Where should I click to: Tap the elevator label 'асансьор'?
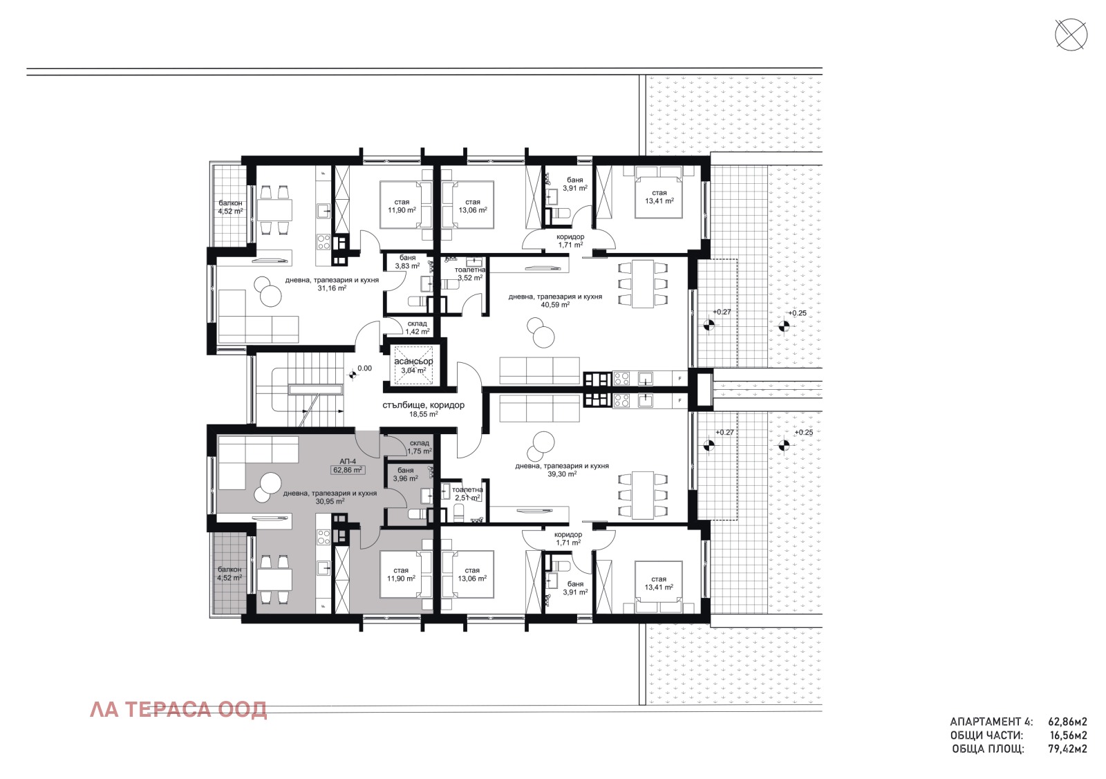point(413,362)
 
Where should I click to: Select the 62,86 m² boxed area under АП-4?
point(348,470)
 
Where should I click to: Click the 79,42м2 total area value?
point(1067,749)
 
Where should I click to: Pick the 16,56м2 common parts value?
point(1067,735)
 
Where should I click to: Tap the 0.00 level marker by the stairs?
point(364,369)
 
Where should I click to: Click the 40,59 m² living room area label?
point(555,305)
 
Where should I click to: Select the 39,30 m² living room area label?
point(562,475)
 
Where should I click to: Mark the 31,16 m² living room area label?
point(332,288)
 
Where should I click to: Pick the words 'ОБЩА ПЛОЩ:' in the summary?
point(988,749)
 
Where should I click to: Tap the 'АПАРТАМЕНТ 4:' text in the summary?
point(991,722)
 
